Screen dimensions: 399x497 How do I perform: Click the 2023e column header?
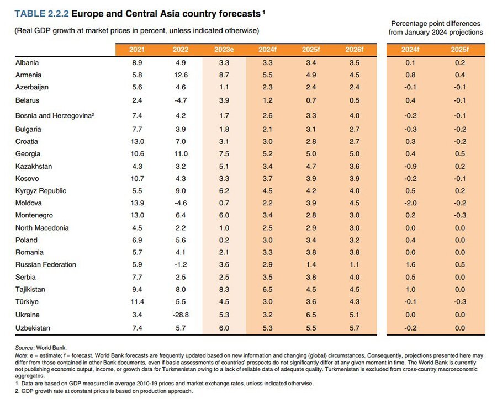point(224,50)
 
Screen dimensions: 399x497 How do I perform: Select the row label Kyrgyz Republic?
point(41,191)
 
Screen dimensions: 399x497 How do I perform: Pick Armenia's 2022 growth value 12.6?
point(180,75)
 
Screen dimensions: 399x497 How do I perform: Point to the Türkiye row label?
point(27,302)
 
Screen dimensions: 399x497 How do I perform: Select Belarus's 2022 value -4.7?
point(180,100)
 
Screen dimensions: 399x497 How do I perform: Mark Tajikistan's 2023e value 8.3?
point(224,289)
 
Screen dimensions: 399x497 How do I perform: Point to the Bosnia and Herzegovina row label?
point(55,115)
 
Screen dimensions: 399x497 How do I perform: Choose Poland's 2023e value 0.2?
point(224,240)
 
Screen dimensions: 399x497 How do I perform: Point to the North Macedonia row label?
point(42,228)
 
